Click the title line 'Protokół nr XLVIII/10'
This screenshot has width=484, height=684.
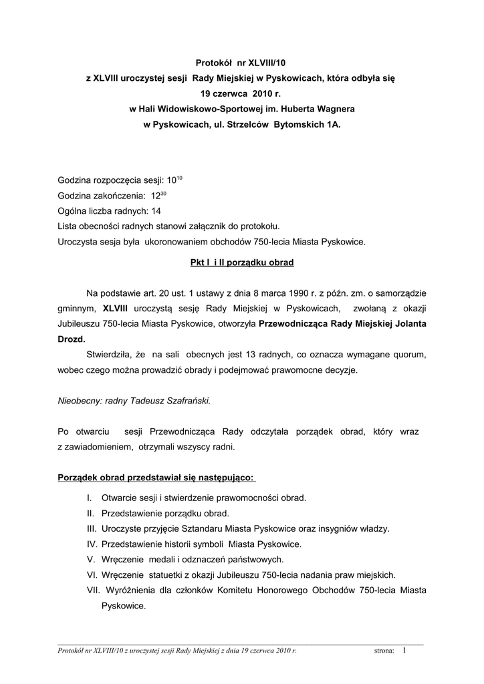[x=241, y=62]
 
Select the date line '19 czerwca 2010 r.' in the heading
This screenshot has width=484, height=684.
[x=241, y=94]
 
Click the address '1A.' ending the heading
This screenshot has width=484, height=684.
[x=333, y=125]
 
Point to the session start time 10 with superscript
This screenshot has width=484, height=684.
[x=174, y=180]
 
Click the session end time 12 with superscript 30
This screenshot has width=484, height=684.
[x=158, y=196]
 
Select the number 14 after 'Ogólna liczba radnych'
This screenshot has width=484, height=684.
[x=156, y=211]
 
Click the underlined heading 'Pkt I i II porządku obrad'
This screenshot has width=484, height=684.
[x=241, y=263]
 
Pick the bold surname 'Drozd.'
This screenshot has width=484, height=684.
[x=72, y=339]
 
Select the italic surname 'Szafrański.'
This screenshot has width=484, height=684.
[x=189, y=401]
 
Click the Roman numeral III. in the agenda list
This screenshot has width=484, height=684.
[x=92, y=528]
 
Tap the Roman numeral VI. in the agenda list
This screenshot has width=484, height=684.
[x=92, y=574]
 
